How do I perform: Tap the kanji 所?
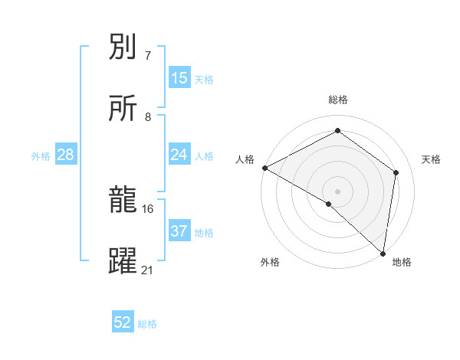(x=123, y=109)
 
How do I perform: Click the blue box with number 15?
(x=179, y=78)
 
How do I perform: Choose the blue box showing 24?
(x=179, y=155)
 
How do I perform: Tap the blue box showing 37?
(x=179, y=231)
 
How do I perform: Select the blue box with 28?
(x=66, y=155)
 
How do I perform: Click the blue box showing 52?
(x=123, y=322)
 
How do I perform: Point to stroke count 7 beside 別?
(x=147, y=56)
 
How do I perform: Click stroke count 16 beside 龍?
(x=148, y=208)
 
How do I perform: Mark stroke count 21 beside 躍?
(x=148, y=270)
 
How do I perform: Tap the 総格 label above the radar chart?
(x=338, y=100)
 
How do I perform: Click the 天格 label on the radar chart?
(x=431, y=159)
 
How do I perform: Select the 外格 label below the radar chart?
(x=270, y=262)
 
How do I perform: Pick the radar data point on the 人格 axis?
(x=264, y=168)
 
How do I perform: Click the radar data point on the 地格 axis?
(x=383, y=253)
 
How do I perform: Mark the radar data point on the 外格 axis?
(x=329, y=204)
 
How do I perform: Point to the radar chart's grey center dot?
(x=337, y=191)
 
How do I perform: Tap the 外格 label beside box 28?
(x=41, y=155)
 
